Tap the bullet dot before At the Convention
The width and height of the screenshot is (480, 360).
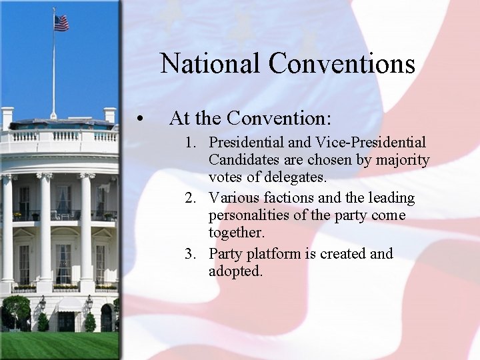(x=139, y=119)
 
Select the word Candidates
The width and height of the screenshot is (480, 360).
(x=241, y=161)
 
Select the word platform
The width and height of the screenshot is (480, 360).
(x=275, y=254)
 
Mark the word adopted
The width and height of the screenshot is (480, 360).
(x=235, y=272)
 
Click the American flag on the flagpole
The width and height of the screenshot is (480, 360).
(x=61, y=23)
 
